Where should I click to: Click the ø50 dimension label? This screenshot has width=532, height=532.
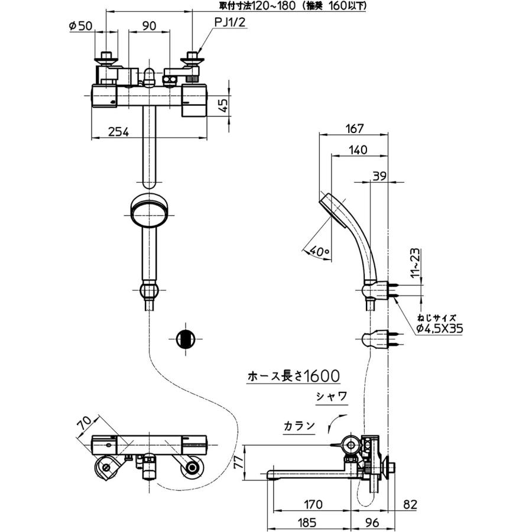[x=81, y=26]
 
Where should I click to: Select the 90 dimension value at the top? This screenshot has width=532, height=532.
[x=149, y=26]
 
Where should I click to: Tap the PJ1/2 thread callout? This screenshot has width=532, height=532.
[x=229, y=22]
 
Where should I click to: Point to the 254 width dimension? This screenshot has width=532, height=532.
[x=118, y=132]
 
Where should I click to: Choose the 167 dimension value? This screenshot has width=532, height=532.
[x=354, y=129]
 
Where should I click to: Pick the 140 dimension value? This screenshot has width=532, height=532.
[x=358, y=150]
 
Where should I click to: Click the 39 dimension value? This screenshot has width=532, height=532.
[x=379, y=176]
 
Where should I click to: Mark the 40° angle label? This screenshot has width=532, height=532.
[x=319, y=251]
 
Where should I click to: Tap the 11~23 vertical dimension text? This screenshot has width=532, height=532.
[x=416, y=263]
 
